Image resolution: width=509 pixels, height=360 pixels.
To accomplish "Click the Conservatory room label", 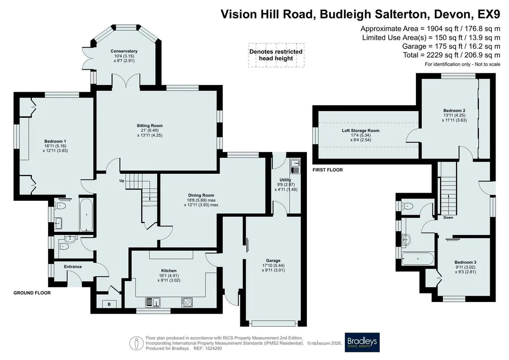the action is click(124, 51).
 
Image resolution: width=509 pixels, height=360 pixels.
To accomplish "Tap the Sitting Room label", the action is click(150, 126).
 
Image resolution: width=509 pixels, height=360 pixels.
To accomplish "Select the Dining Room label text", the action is click(201, 195).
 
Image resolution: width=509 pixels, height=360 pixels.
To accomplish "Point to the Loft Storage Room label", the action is click(360, 130).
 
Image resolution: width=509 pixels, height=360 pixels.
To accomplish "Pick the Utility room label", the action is click(285, 180).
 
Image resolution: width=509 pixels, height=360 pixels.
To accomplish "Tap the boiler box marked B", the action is click(109, 304).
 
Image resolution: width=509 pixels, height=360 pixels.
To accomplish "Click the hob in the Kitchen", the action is click(187, 302).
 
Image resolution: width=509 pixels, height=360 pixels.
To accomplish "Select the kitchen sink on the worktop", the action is click(153, 302).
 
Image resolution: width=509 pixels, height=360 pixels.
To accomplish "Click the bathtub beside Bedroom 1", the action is click(86, 215).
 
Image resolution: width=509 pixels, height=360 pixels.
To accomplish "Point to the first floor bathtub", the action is click(418, 259).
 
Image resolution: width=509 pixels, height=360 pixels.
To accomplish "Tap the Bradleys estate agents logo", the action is click(362, 342).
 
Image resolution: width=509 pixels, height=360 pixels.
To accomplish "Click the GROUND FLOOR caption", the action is click(32, 293).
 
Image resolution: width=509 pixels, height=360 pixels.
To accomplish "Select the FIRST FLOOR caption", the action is click(328, 170).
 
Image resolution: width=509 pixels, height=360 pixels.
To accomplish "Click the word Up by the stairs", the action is click(122, 181).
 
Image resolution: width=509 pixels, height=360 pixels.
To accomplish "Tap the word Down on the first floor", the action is click(448, 217).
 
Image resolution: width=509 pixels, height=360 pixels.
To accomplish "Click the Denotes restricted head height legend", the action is click(276, 55).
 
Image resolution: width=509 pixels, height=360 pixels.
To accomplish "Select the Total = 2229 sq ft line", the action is click(451, 55).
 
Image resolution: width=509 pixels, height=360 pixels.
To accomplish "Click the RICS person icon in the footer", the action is click(137, 343).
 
